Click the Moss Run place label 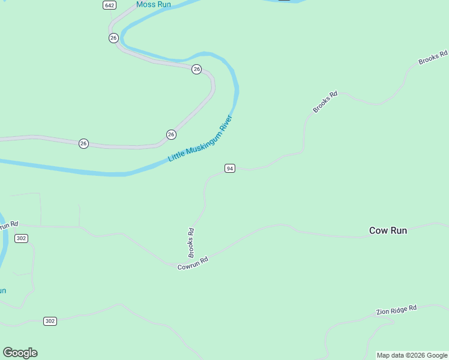point(154,5)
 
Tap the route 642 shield point(109,5)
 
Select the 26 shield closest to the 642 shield point(113,38)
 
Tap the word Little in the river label point(176,156)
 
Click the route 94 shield point(229,169)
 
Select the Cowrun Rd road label point(193,263)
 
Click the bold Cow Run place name point(388,230)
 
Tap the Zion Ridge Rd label point(396,310)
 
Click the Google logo point(20,353)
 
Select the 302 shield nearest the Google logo point(50,321)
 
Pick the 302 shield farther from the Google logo point(21,238)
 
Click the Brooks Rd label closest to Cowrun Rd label point(191,242)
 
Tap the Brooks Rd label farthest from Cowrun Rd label point(433,58)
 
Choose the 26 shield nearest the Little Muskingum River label point(171,134)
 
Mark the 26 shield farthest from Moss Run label point(83,143)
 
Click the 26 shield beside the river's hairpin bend point(196,70)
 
